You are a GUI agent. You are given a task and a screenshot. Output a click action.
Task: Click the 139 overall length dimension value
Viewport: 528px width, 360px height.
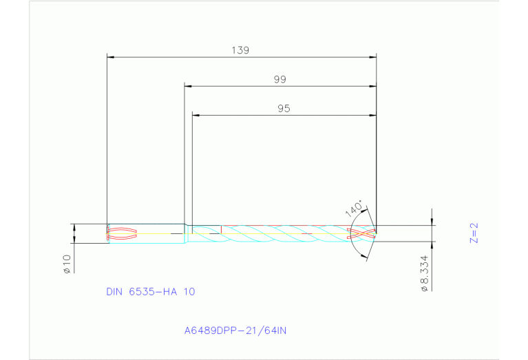coord(240,50)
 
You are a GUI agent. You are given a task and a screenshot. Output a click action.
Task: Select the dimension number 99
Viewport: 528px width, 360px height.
coord(279,79)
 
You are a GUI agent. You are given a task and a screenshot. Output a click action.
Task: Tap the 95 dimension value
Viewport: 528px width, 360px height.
coord(284,108)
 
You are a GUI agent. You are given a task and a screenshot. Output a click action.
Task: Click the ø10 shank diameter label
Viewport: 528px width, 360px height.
coord(66,264)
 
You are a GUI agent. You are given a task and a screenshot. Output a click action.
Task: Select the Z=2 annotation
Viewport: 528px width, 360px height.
coord(474,234)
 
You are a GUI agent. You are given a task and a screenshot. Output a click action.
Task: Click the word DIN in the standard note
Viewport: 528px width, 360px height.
coord(114,291)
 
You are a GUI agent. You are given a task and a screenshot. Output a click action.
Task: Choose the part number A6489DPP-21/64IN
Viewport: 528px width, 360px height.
coord(235,330)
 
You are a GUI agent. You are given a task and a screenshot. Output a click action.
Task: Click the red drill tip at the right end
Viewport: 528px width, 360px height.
coord(363,233)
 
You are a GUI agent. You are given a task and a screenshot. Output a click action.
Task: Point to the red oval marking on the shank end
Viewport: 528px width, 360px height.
coord(123,234)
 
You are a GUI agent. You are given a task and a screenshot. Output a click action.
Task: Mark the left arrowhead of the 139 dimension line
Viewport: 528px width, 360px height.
coord(111,56)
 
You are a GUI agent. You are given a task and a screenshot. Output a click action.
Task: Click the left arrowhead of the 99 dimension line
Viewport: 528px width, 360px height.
coord(188,86)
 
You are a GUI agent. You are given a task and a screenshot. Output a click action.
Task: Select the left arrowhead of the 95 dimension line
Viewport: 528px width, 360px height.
coord(196,115)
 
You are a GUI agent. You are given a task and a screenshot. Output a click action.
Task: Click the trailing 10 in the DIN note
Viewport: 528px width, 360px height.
coord(189,291)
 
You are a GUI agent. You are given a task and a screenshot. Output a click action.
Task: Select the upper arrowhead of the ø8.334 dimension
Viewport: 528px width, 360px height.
coord(432,222)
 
